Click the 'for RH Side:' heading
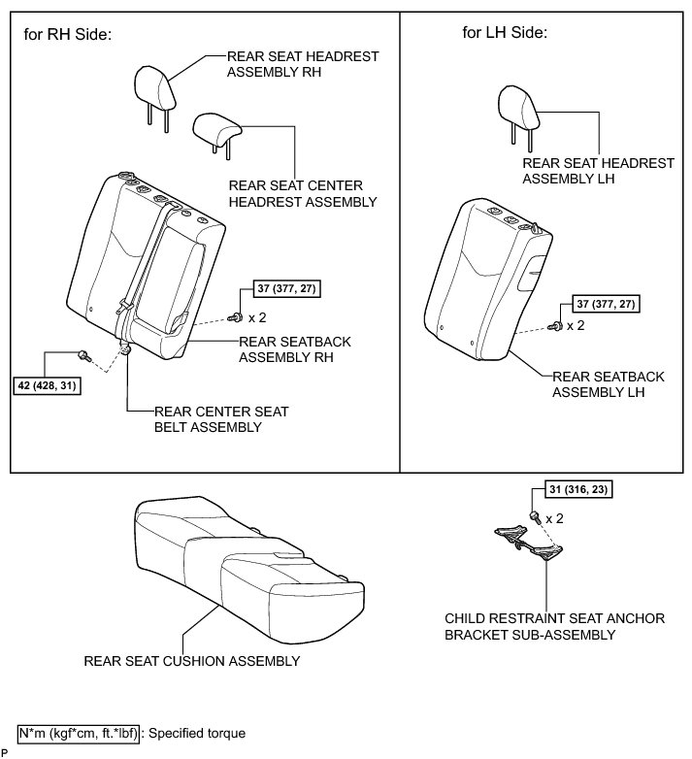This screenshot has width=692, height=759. [x=68, y=35]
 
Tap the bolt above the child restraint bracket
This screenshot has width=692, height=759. [x=533, y=513]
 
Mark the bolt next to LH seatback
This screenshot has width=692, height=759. [x=555, y=327]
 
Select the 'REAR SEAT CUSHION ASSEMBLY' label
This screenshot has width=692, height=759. [x=191, y=662]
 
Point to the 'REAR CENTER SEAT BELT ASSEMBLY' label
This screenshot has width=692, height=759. [x=214, y=419]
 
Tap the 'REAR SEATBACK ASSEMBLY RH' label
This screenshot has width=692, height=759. [x=295, y=349]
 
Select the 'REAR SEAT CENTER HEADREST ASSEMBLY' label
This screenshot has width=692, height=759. [x=302, y=193]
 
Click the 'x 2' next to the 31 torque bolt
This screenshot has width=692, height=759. [x=555, y=518]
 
